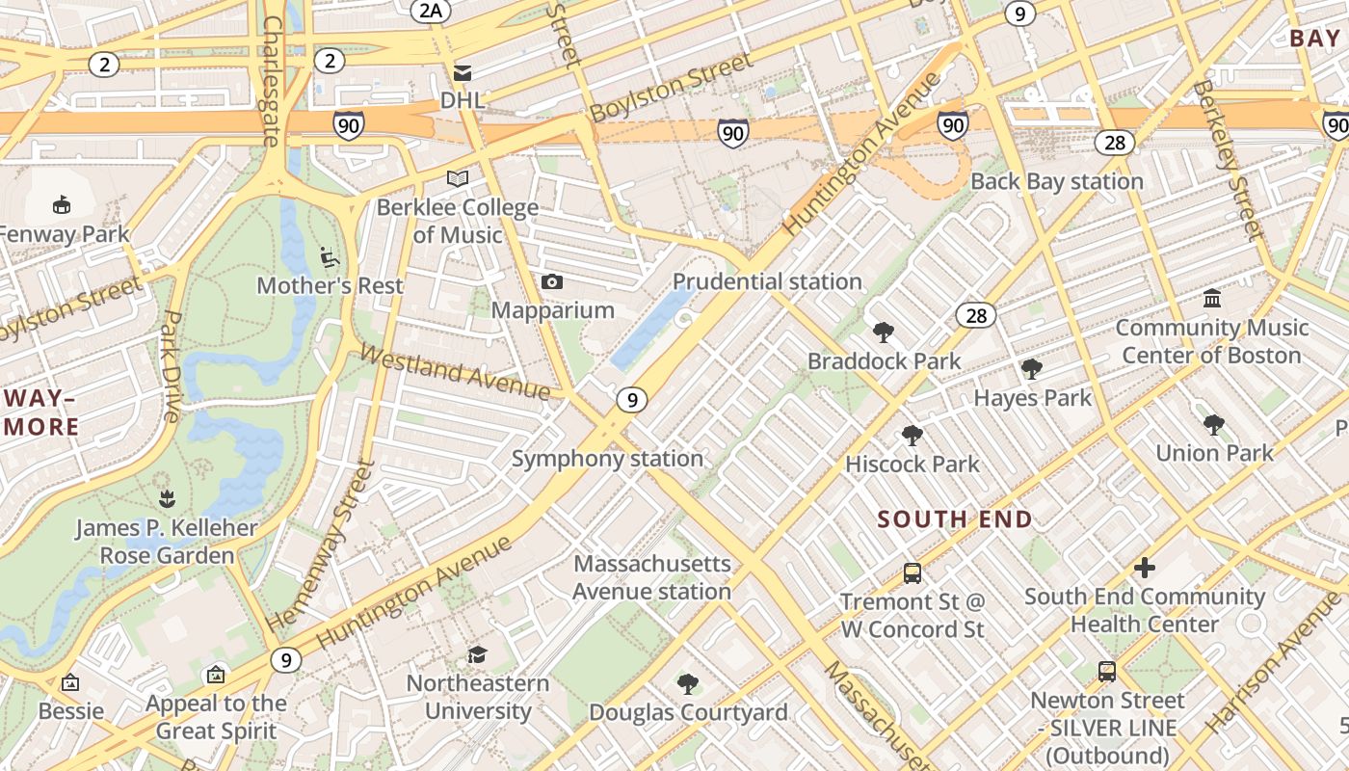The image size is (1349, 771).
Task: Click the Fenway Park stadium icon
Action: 62,203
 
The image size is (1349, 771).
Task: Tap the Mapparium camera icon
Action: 552,281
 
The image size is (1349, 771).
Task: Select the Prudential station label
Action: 767,281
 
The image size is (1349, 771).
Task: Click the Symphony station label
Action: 607,458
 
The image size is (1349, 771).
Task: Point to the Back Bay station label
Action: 1056,181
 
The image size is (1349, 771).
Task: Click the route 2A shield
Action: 430,11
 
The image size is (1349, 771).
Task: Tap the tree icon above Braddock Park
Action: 883,332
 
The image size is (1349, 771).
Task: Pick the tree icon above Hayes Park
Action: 1032,368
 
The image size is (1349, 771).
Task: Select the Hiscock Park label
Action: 912,464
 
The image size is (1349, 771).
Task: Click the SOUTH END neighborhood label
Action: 955,519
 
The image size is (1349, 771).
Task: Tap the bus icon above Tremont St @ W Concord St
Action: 913,573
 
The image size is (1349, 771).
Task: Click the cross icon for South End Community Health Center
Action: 1145,568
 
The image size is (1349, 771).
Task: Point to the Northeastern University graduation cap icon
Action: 477,654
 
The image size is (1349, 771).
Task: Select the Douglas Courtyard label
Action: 688,712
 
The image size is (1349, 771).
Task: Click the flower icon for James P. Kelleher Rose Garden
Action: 167,499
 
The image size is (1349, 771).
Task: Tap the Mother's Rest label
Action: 330,285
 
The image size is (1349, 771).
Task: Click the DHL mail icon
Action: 463,72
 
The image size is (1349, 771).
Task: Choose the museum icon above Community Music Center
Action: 1212,298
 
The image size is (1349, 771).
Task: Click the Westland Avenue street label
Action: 454,371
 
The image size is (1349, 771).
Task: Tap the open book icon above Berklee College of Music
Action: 458,178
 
